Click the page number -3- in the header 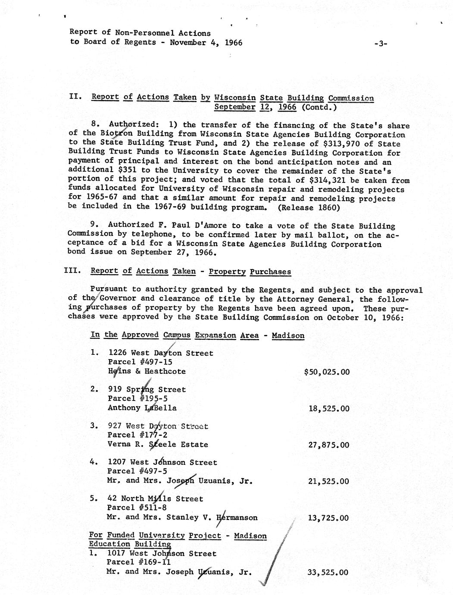[381, 43]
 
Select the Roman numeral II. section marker [76, 97]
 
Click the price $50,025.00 [327, 372]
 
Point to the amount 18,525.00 [329, 408]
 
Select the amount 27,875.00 [329, 445]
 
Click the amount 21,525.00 [329, 481]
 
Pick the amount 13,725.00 [329, 518]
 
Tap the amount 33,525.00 [329, 573]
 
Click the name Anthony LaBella [142, 407]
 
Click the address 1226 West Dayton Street [161, 353]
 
